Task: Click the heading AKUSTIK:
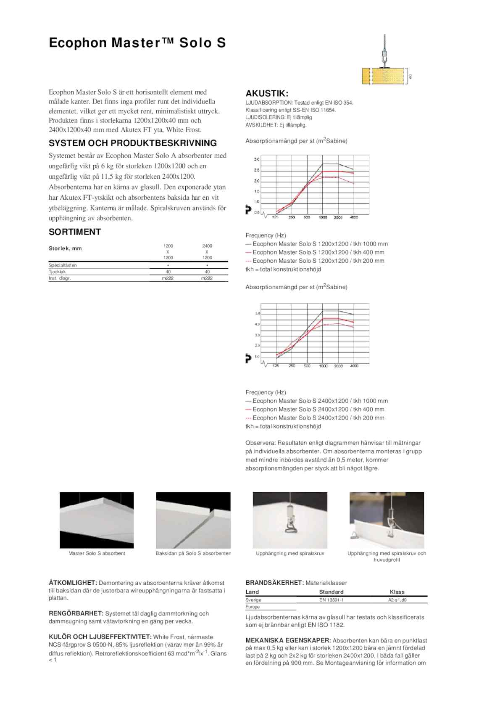(267, 93)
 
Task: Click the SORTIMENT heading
(75, 232)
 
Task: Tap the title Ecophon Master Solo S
(137, 43)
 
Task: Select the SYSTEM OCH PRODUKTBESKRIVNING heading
(133, 143)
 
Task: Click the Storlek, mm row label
(65, 248)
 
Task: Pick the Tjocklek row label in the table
(57, 272)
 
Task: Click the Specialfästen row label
(63, 265)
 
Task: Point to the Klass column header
(397, 592)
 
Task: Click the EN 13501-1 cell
(331, 600)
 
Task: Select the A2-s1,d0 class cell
(397, 600)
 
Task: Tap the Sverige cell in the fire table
(253, 600)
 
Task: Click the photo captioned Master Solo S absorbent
(97, 520)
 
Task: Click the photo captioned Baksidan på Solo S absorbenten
(193, 520)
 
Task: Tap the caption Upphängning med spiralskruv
(290, 554)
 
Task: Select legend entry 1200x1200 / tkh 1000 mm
(320, 244)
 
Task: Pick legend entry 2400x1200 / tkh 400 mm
(318, 409)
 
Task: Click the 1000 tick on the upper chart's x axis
(323, 217)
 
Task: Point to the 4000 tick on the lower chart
(354, 366)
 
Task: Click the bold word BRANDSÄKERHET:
(274, 583)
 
